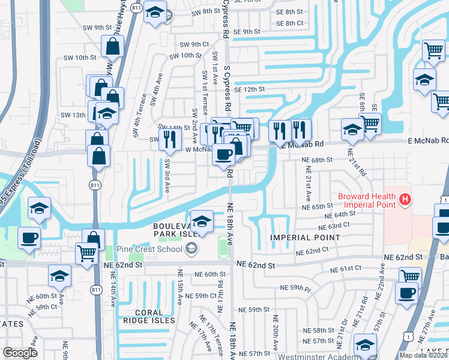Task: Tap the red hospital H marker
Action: (x=406, y=199)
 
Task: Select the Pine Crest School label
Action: (x=154, y=248)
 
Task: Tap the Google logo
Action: (x=20, y=353)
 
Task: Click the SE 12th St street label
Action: (x=250, y=89)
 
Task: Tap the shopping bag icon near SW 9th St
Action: (x=113, y=46)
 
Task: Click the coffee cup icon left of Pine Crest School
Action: (x=29, y=238)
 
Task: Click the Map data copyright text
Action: (x=423, y=355)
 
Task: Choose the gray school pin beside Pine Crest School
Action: (x=191, y=248)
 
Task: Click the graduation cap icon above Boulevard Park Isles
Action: (x=202, y=221)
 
